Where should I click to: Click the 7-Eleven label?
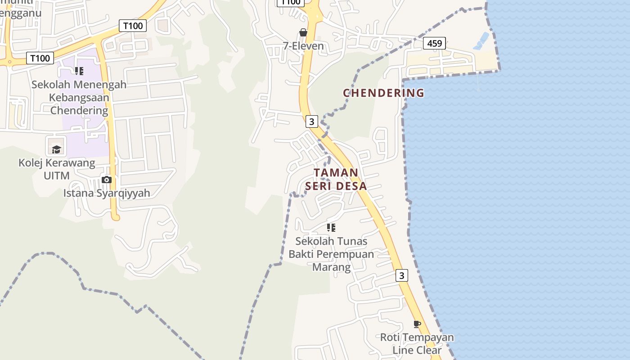(303, 46)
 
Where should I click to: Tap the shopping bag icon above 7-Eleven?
(303, 32)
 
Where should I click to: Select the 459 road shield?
(434, 43)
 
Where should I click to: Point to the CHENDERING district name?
(383, 93)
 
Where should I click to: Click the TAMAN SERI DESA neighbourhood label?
(336, 179)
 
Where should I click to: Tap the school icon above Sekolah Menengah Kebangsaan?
(79, 71)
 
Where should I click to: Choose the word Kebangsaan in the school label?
(79, 97)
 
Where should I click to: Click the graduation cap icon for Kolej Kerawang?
(56, 149)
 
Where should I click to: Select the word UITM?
(57, 175)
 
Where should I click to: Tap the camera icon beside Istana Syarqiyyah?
(107, 180)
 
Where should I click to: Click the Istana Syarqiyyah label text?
(106, 193)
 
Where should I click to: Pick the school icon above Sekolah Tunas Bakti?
(331, 228)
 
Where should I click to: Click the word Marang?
(331, 267)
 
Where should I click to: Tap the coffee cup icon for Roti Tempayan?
(417, 324)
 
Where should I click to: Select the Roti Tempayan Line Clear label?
(417, 343)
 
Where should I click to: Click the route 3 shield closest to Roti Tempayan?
(402, 275)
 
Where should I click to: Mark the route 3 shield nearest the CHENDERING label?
(311, 121)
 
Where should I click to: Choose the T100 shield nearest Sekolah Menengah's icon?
(40, 58)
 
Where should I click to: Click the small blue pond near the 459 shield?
(481, 41)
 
